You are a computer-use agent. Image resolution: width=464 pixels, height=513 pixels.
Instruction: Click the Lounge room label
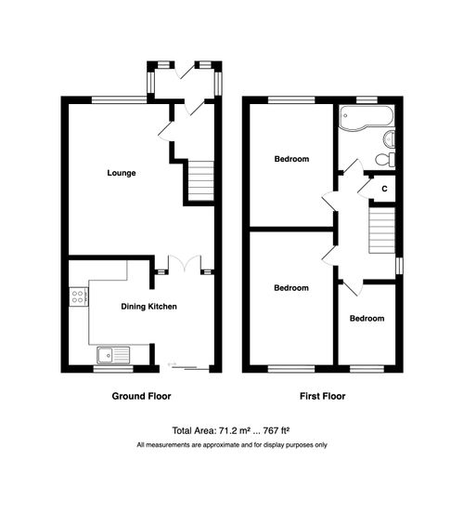(122, 173)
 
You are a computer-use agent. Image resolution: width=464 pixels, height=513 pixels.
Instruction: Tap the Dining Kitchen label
(148, 306)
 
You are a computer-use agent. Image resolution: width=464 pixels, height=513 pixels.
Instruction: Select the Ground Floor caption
(141, 396)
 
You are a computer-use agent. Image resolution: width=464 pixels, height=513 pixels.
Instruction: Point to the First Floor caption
(323, 396)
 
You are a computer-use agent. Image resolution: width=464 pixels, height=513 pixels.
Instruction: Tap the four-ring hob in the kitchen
(78, 298)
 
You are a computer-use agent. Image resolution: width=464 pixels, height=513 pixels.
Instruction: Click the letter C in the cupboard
(383, 189)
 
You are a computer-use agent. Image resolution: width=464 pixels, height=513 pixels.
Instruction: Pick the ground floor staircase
(200, 180)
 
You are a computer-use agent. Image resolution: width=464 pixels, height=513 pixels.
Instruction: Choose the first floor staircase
(382, 229)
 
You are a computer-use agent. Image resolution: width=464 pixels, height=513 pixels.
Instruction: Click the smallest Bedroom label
(367, 319)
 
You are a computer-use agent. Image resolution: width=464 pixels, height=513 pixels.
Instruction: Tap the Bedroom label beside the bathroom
(290, 159)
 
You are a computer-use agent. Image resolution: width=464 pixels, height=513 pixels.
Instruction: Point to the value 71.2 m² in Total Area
(237, 430)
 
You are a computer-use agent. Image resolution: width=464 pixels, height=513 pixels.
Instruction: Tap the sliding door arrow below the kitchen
(171, 362)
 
